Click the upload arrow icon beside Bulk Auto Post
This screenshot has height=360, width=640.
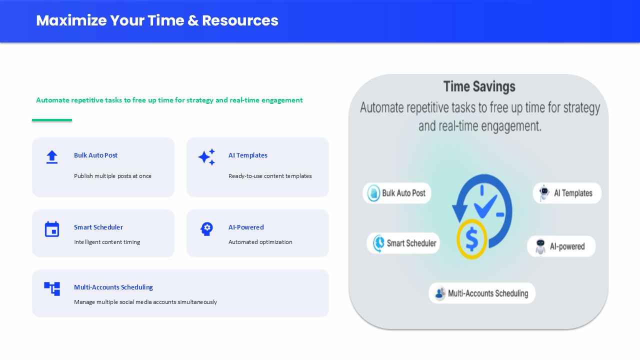51,157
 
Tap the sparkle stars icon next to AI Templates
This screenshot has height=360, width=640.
206,157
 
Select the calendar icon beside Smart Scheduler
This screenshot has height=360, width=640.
51,229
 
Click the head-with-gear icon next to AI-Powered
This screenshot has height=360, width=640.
206,229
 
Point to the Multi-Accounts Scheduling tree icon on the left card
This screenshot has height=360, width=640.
51,289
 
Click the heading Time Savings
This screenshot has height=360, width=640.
479,86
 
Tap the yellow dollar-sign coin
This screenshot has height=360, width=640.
471,239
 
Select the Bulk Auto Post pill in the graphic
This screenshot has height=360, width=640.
397,193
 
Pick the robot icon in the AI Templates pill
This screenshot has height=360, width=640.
544,193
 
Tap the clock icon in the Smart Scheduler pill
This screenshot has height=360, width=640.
379,243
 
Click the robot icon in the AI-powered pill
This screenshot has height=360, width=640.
540,246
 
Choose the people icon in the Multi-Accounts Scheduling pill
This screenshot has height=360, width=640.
439,293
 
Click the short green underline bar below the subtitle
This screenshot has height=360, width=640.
51,120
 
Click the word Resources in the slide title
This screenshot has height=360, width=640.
240,20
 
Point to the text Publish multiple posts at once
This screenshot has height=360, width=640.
112,176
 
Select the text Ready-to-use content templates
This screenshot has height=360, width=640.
270,176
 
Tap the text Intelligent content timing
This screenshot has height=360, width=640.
107,242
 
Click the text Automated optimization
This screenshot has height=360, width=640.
260,242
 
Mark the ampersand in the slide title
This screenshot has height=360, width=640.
193,20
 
